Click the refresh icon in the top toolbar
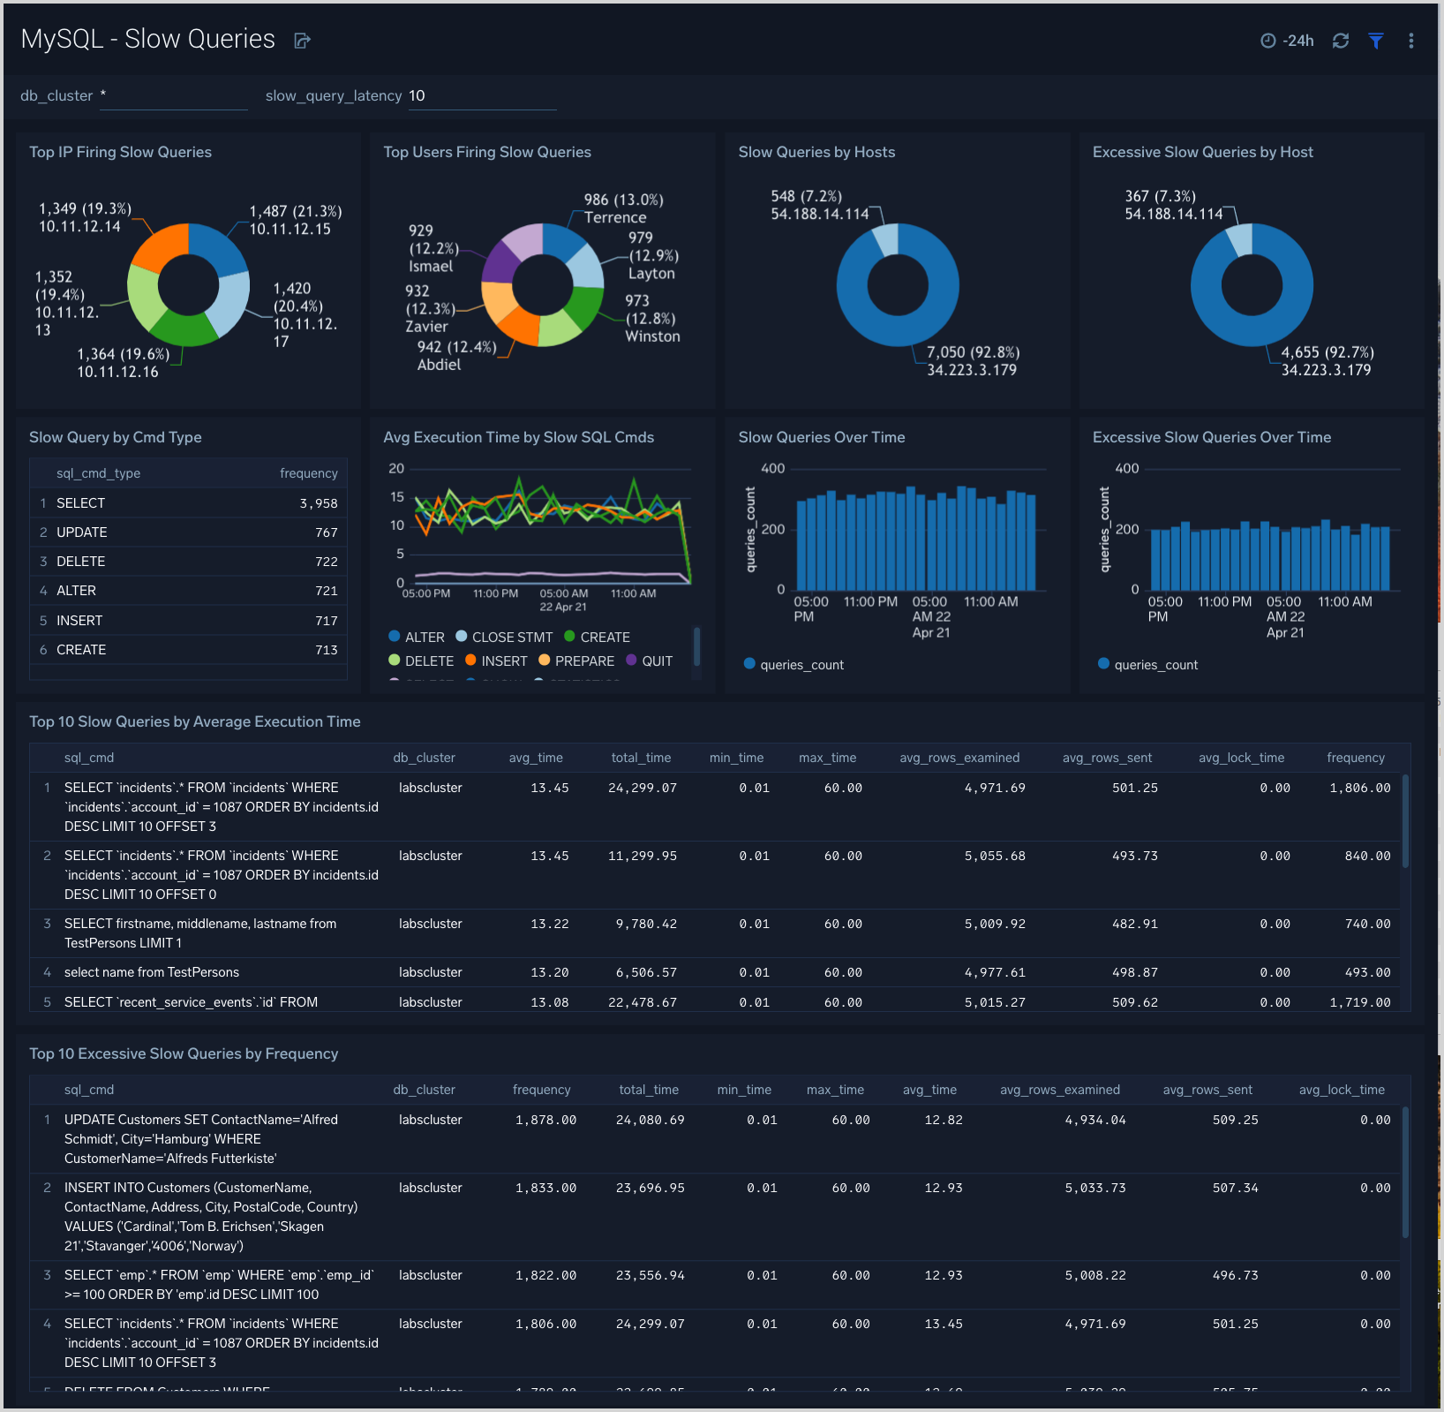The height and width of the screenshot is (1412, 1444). (x=1340, y=41)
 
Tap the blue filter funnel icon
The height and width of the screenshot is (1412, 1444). (x=1375, y=41)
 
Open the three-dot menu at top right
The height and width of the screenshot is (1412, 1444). (x=1410, y=41)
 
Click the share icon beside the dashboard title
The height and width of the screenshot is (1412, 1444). (x=302, y=41)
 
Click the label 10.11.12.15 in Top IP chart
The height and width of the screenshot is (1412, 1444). (x=290, y=230)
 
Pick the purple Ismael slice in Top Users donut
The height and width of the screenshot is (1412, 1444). (x=500, y=261)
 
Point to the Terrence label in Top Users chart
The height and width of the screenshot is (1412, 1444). (x=615, y=217)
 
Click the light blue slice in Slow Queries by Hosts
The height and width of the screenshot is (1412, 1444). (x=885, y=239)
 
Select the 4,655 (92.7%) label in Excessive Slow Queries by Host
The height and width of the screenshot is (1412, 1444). (x=1327, y=352)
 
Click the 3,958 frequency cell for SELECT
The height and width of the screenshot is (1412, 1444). (x=318, y=503)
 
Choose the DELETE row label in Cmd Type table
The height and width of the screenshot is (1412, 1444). (x=80, y=562)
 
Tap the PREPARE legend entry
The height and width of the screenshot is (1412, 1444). (x=583, y=661)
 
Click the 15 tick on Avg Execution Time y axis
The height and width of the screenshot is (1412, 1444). (x=397, y=497)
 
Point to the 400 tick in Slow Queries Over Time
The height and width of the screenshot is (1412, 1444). (x=772, y=469)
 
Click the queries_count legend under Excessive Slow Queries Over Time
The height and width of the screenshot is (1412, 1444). (x=1154, y=665)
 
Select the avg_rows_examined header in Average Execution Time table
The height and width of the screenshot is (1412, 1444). (x=959, y=758)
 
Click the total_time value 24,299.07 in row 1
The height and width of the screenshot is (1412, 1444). (x=642, y=788)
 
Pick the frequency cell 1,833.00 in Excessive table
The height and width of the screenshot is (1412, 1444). (x=545, y=1188)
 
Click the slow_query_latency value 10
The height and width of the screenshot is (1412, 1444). (x=417, y=95)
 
